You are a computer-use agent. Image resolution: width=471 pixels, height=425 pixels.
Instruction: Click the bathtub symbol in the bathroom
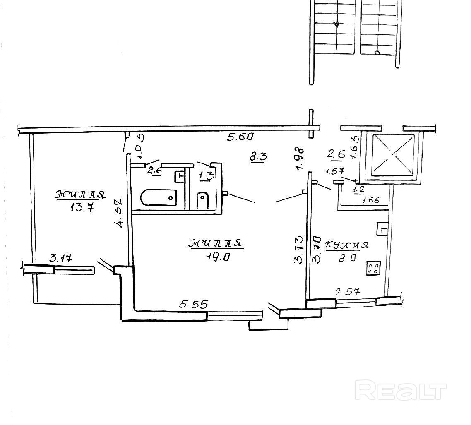click(x=158, y=197)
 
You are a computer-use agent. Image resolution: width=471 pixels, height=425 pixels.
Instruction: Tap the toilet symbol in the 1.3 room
click(x=203, y=200)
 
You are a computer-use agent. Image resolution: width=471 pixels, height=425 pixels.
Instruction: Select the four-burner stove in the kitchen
click(x=373, y=268)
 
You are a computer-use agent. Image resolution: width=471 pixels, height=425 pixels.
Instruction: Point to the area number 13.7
click(x=82, y=207)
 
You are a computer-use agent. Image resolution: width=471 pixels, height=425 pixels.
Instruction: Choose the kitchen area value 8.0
click(x=347, y=258)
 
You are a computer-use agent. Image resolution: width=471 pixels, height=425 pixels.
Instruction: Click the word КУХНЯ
click(x=347, y=245)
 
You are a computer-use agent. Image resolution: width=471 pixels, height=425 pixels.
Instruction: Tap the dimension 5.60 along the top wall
click(x=240, y=137)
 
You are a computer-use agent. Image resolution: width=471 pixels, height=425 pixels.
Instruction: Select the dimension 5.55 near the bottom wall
click(x=193, y=305)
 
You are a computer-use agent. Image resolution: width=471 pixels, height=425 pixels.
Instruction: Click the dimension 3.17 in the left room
click(x=61, y=258)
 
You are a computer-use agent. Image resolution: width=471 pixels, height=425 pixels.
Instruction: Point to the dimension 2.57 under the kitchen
click(x=348, y=292)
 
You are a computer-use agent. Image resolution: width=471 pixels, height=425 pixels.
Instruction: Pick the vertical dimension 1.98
click(x=300, y=158)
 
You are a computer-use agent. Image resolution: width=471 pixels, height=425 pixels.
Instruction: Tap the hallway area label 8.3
click(x=258, y=157)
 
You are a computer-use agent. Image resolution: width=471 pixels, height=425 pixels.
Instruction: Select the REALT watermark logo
click(x=401, y=390)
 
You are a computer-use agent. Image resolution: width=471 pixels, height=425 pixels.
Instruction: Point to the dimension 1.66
click(x=371, y=200)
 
